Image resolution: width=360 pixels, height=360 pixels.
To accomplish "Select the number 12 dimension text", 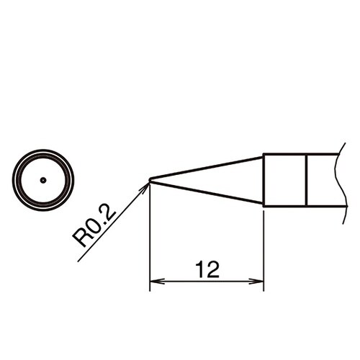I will click(207, 270).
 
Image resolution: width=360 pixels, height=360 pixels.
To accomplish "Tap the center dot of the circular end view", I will click(43, 179).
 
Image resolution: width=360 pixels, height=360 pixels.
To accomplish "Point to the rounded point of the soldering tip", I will click(150, 180).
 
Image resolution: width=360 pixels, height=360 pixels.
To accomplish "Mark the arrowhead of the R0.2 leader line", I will click(145, 186).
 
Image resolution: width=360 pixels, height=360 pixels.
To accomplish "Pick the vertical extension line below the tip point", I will click(150, 238).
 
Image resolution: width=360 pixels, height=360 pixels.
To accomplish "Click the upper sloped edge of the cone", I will click(209, 167).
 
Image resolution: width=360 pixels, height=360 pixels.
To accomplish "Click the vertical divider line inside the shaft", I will click(307, 180).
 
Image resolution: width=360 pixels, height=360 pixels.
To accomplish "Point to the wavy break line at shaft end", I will click(336, 180).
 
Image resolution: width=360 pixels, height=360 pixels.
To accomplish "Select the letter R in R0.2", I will click(80, 240).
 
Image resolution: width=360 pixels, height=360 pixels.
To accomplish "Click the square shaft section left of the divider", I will click(285, 180).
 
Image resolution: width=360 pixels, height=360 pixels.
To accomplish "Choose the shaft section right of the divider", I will click(322, 180).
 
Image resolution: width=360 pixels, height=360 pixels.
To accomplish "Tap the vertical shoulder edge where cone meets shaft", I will click(264, 180).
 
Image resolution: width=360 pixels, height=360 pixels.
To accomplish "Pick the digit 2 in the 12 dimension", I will click(212, 270).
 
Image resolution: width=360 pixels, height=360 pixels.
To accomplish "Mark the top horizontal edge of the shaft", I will click(299, 154).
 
